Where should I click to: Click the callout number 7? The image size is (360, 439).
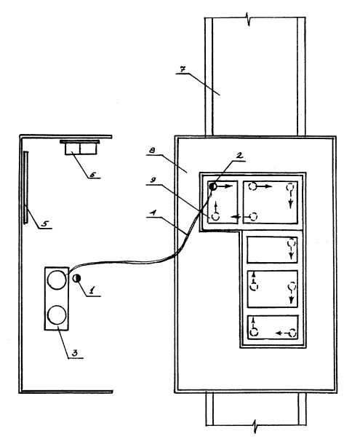click(x=183, y=69)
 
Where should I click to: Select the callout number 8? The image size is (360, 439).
click(x=152, y=151)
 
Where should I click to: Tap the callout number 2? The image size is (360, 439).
click(x=239, y=156)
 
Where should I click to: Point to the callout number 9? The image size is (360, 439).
click(x=153, y=180)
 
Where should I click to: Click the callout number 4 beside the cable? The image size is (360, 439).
click(x=153, y=213)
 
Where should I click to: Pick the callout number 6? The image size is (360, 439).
click(x=92, y=175)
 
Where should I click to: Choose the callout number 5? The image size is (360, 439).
click(x=45, y=224)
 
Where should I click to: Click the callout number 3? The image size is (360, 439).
click(x=75, y=353)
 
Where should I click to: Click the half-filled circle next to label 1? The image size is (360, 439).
click(x=76, y=278)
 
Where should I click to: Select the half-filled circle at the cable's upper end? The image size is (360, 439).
click(x=213, y=186)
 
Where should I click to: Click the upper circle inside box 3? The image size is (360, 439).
click(x=57, y=280)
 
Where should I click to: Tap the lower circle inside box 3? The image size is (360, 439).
click(x=57, y=315)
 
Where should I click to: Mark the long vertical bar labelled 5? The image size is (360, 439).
click(x=25, y=187)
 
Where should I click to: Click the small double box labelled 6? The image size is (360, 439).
click(x=81, y=149)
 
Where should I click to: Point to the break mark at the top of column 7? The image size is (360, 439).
click(x=249, y=19)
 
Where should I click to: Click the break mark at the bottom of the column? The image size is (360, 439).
click(x=255, y=426)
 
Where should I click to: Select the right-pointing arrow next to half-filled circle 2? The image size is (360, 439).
click(x=225, y=186)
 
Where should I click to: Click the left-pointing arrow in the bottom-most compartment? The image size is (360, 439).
click(x=282, y=333)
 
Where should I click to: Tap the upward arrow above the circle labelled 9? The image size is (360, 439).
click(x=216, y=207)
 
